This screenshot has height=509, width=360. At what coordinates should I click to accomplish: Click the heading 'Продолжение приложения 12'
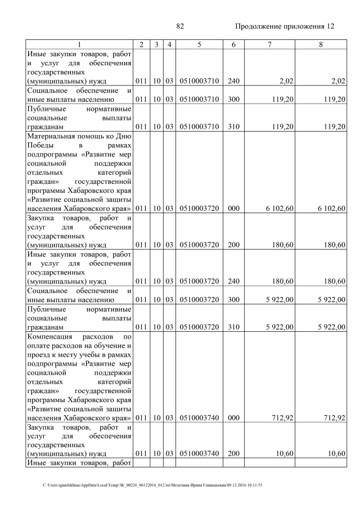click(x=284, y=26)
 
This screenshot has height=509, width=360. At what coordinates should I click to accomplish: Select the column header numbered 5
click(x=199, y=44)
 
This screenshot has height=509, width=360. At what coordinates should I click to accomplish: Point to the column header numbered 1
click(x=79, y=44)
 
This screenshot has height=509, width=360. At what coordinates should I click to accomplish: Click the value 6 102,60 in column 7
click(x=278, y=209)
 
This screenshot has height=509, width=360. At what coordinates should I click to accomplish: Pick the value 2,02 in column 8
click(x=338, y=82)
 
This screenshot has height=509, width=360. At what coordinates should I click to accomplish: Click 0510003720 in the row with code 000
click(x=199, y=209)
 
